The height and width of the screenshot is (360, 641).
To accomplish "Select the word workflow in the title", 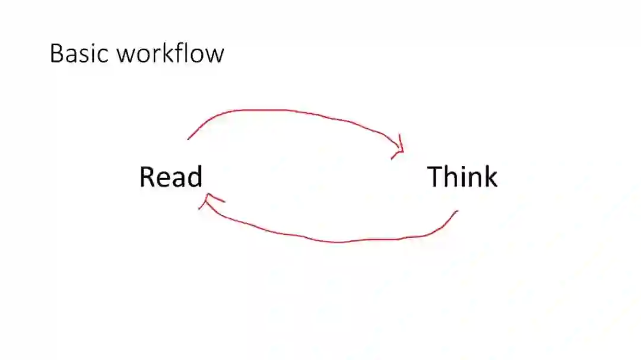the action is pyautogui.click(x=170, y=53).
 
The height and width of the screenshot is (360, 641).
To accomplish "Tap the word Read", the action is pyautogui.click(x=171, y=177).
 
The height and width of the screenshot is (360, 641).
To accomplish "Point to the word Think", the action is pyautogui.click(x=462, y=177).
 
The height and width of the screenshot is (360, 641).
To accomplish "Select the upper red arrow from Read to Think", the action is pyautogui.click(x=285, y=111).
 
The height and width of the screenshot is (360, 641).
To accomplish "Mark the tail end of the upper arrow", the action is pyautogui.click(x=189, y=139).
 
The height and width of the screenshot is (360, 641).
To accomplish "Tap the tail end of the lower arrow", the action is pyautogui.click(x=457, y=211).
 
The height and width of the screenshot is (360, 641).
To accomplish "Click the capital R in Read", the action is pyautogui.click(x=147, y=177).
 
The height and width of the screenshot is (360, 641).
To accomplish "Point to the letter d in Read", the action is pyautogui.click(x=195, y=177).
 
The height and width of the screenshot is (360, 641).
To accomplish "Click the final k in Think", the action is pyautogui.click(x=490, y=177).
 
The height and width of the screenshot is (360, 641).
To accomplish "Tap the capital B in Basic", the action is pyautogui.click(x=57, y=53).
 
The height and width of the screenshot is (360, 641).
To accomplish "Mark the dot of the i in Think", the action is pyautogui.click(x=462, y=167).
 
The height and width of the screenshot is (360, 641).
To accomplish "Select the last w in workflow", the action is pyautogui.click(x=215, y=55).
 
